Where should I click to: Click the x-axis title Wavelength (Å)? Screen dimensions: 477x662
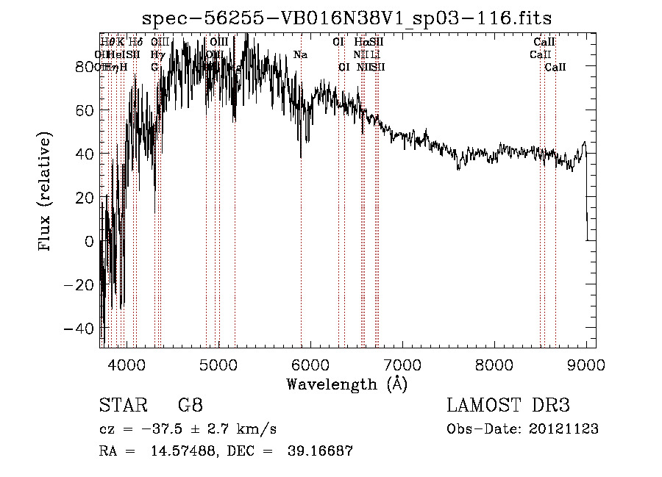pos(346,384)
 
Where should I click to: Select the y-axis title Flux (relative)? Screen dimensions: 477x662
pos(46,192)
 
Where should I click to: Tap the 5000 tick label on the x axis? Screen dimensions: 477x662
pos(218,364)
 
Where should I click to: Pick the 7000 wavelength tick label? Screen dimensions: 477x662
pos(402,364)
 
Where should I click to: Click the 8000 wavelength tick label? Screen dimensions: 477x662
pos(494,364)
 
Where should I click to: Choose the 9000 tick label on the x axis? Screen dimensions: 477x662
pos(586,364)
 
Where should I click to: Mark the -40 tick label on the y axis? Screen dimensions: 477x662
pos(79,328)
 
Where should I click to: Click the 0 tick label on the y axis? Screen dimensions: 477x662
pos(89,241)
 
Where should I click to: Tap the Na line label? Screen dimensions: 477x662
pos(300,55)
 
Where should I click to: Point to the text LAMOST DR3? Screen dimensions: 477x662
pos(508,406)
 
